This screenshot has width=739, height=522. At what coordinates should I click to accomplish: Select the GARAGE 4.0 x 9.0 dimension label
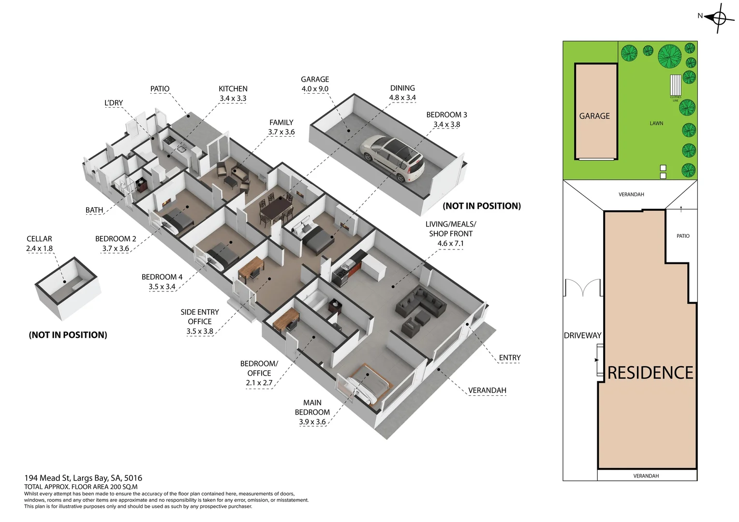point(315,84)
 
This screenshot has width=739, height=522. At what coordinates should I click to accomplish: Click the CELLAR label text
point(39,239)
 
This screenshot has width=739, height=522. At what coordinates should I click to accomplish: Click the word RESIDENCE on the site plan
point(650,373)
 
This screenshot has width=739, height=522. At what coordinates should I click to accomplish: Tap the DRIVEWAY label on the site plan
point(582,335)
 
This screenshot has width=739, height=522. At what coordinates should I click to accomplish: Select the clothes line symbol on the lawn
point(675,86)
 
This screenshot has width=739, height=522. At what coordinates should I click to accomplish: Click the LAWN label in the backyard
point(656,123)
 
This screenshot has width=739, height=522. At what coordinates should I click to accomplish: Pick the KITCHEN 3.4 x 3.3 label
point(233,94)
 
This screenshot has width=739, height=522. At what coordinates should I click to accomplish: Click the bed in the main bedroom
point(366,385)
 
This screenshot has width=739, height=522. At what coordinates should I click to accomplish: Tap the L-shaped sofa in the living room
point(421,301)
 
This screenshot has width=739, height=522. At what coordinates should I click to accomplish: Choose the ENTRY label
point(510,358)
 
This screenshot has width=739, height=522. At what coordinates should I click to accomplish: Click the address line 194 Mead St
point(83,478)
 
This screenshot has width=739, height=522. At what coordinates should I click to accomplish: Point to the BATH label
point(94,210)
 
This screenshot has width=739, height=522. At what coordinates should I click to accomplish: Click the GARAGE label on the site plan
point(594,116)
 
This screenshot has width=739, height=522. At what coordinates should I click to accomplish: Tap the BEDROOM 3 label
point(447,115)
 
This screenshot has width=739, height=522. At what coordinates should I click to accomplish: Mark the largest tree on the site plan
point(670,56)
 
